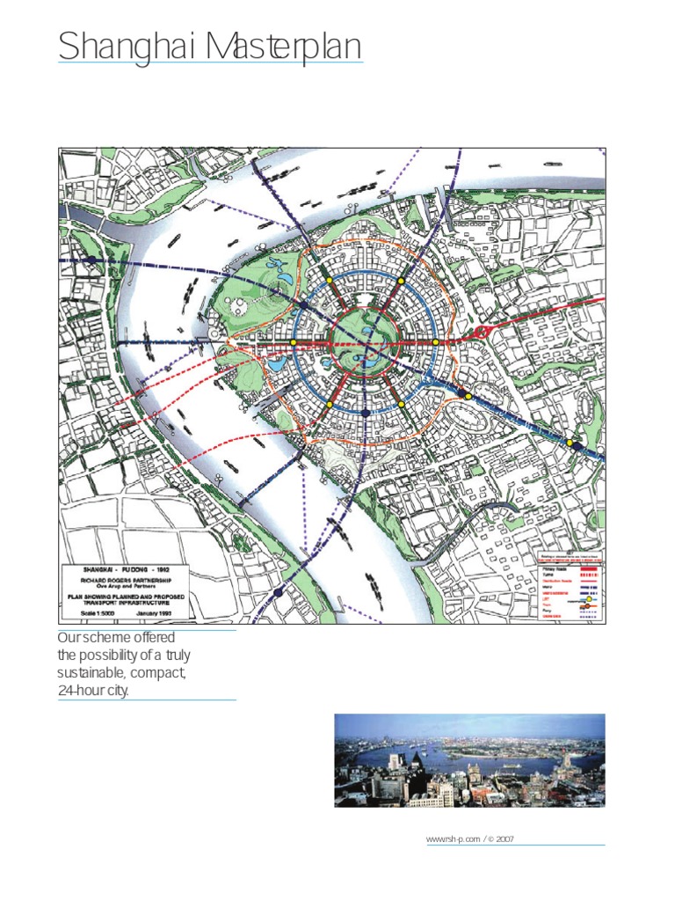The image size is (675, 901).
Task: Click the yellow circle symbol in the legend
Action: (590, 599)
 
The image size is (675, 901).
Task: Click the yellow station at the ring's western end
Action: (293, 342)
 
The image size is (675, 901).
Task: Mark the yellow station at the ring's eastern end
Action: (436, 342)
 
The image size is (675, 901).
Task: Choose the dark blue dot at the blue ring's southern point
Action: (365, 413)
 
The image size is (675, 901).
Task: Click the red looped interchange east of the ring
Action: (482, 333)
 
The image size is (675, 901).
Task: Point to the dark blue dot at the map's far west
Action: (91, 260)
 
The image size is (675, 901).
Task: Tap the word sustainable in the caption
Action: (91, 673)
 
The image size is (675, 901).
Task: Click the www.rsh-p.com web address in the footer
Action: (454, 839)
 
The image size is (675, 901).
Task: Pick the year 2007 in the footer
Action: (504, 839)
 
